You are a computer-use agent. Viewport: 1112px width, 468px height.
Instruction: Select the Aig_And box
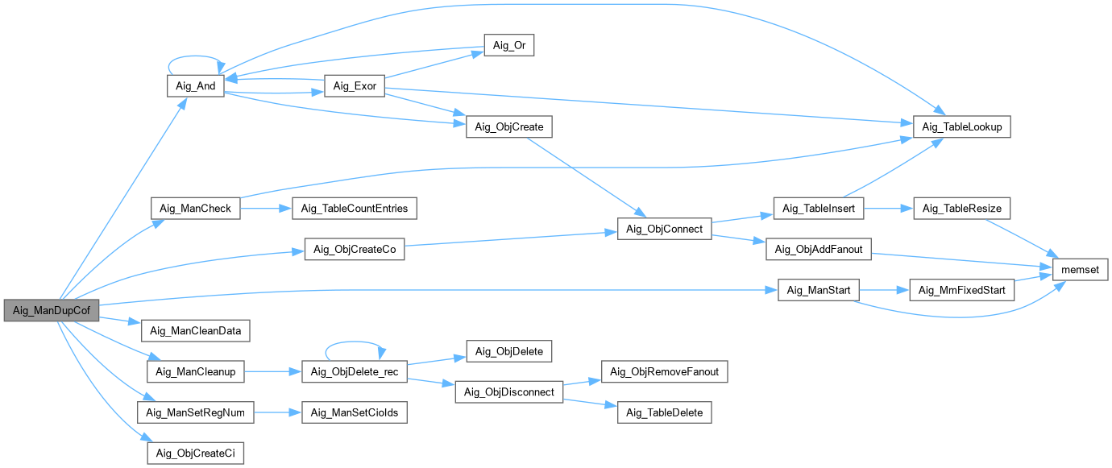(195, 86)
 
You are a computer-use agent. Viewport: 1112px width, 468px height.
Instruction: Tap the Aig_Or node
(508, 45)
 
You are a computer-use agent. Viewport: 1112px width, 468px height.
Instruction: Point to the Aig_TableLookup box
(961, 127)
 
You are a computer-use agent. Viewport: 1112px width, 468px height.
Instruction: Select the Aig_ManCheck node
(195, 209)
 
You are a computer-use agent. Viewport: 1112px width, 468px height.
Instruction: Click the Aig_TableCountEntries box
(355, 209)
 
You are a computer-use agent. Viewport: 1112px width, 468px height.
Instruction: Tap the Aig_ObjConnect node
(664, 230)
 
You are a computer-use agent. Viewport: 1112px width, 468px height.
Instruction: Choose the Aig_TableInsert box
(819, 209)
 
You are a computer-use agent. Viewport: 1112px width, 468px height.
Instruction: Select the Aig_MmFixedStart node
(961, 290)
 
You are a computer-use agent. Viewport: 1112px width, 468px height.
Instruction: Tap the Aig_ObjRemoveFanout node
(665, 371)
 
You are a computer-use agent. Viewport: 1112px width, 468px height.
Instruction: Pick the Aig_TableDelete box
(665, 412)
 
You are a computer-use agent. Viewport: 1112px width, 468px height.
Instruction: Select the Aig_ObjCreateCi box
(195, 454)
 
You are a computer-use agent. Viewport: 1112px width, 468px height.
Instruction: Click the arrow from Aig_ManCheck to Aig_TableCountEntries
(266, 209)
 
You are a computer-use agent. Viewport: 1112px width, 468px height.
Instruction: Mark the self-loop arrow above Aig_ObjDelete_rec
(355, 344)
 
